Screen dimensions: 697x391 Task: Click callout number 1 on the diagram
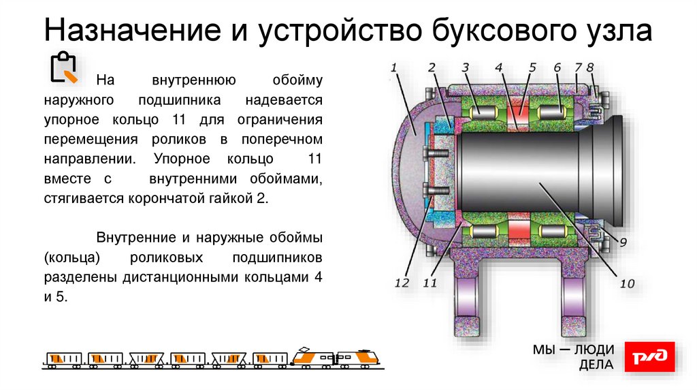(x=393, y=67)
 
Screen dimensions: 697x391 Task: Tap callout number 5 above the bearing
(x=532, y=67)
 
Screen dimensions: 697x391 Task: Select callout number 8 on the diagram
(x=590, y=67)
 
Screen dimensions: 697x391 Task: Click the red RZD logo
(x=650, y=358)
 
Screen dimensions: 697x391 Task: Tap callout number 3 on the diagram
(x=465, y=67)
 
